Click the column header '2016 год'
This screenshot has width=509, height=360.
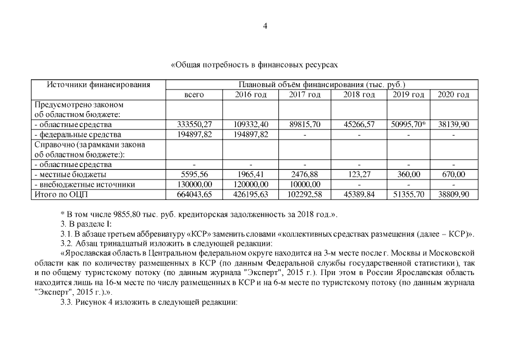coord(250,94)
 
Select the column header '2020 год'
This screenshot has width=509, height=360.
coord(453,94)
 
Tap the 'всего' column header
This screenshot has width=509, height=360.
coord(194,94)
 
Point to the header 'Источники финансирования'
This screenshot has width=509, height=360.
coord(98,85)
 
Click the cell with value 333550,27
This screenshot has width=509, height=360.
coord(194,124)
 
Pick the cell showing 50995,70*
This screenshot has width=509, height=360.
coord(408,124)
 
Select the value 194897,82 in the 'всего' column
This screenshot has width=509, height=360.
coord(194,134)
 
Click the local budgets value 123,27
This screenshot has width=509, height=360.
coord(359,174)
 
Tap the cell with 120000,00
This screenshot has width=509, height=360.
coord(250,184)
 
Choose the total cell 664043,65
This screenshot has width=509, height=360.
coord(194,195)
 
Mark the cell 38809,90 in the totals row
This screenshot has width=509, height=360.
coord(453,195)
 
